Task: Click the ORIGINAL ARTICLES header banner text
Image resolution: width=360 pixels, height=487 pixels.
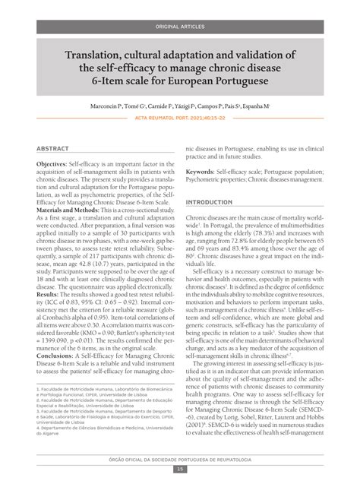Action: pyautogui.click(x=180, y=27)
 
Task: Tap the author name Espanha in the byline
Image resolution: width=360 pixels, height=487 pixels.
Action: pyautogui.click(x=254, y=109)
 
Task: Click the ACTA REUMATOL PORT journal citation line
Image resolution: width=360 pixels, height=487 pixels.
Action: pyautogui.click(x=180, y=120)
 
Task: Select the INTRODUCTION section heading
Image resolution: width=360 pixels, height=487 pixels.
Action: pyautogui.click(x=210, y=203)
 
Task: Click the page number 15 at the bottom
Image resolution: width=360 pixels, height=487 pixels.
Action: pyautogui.click(x=180, y=469)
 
